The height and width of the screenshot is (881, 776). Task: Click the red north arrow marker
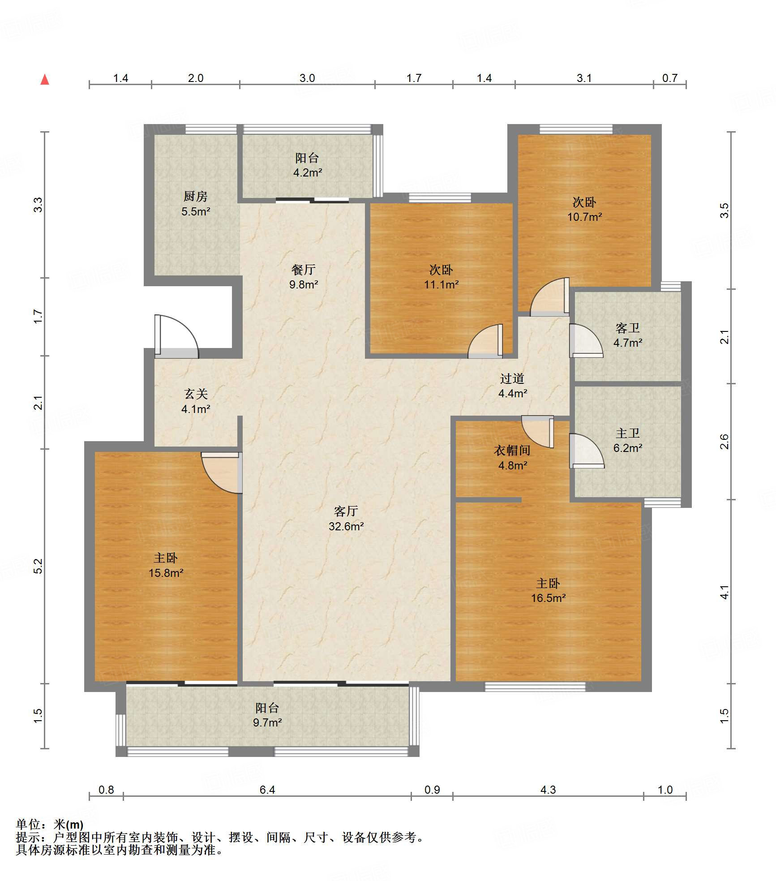pos(45,80)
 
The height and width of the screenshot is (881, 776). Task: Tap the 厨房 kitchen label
pos(196,196)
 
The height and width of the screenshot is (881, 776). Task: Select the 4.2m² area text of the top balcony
pos(308,172)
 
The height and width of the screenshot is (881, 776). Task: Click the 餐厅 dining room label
pos(303,270)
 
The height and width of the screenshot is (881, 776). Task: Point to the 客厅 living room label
pos(346,511)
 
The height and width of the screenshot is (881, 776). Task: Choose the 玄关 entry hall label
pos(196,394)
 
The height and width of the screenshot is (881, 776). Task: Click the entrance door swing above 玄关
pos(176,336)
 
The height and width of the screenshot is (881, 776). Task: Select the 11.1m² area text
pos(442,284)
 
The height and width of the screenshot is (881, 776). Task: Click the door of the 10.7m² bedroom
pos(550,297)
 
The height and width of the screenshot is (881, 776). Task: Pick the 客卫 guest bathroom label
pos(628,328)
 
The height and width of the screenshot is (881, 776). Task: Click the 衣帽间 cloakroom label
pos(512,451)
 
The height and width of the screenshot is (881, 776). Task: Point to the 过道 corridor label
pos(512,379)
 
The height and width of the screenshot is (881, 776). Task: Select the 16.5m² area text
pos(549,598)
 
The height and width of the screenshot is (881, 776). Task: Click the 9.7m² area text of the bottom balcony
pos(267,722)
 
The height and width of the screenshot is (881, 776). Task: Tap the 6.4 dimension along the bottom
pos(267,790)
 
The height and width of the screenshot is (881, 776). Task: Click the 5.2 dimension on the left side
pos(39,566)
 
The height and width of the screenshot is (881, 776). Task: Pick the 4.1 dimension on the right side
pos(725,593)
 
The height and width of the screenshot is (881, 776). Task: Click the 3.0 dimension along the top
pos(307,78)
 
